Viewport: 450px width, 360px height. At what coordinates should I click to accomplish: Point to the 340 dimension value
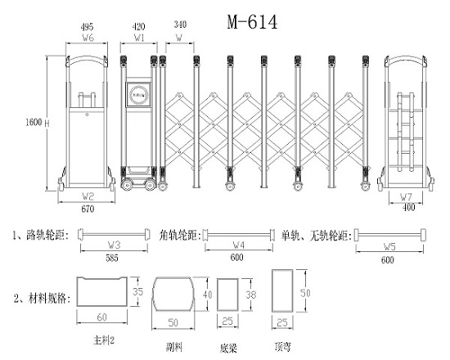(179, 26)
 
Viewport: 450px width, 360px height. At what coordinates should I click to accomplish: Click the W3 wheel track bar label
(114, 244)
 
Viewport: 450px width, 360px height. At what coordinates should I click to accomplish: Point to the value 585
(114, 259)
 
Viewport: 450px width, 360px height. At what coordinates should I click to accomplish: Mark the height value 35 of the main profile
(138, 290)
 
